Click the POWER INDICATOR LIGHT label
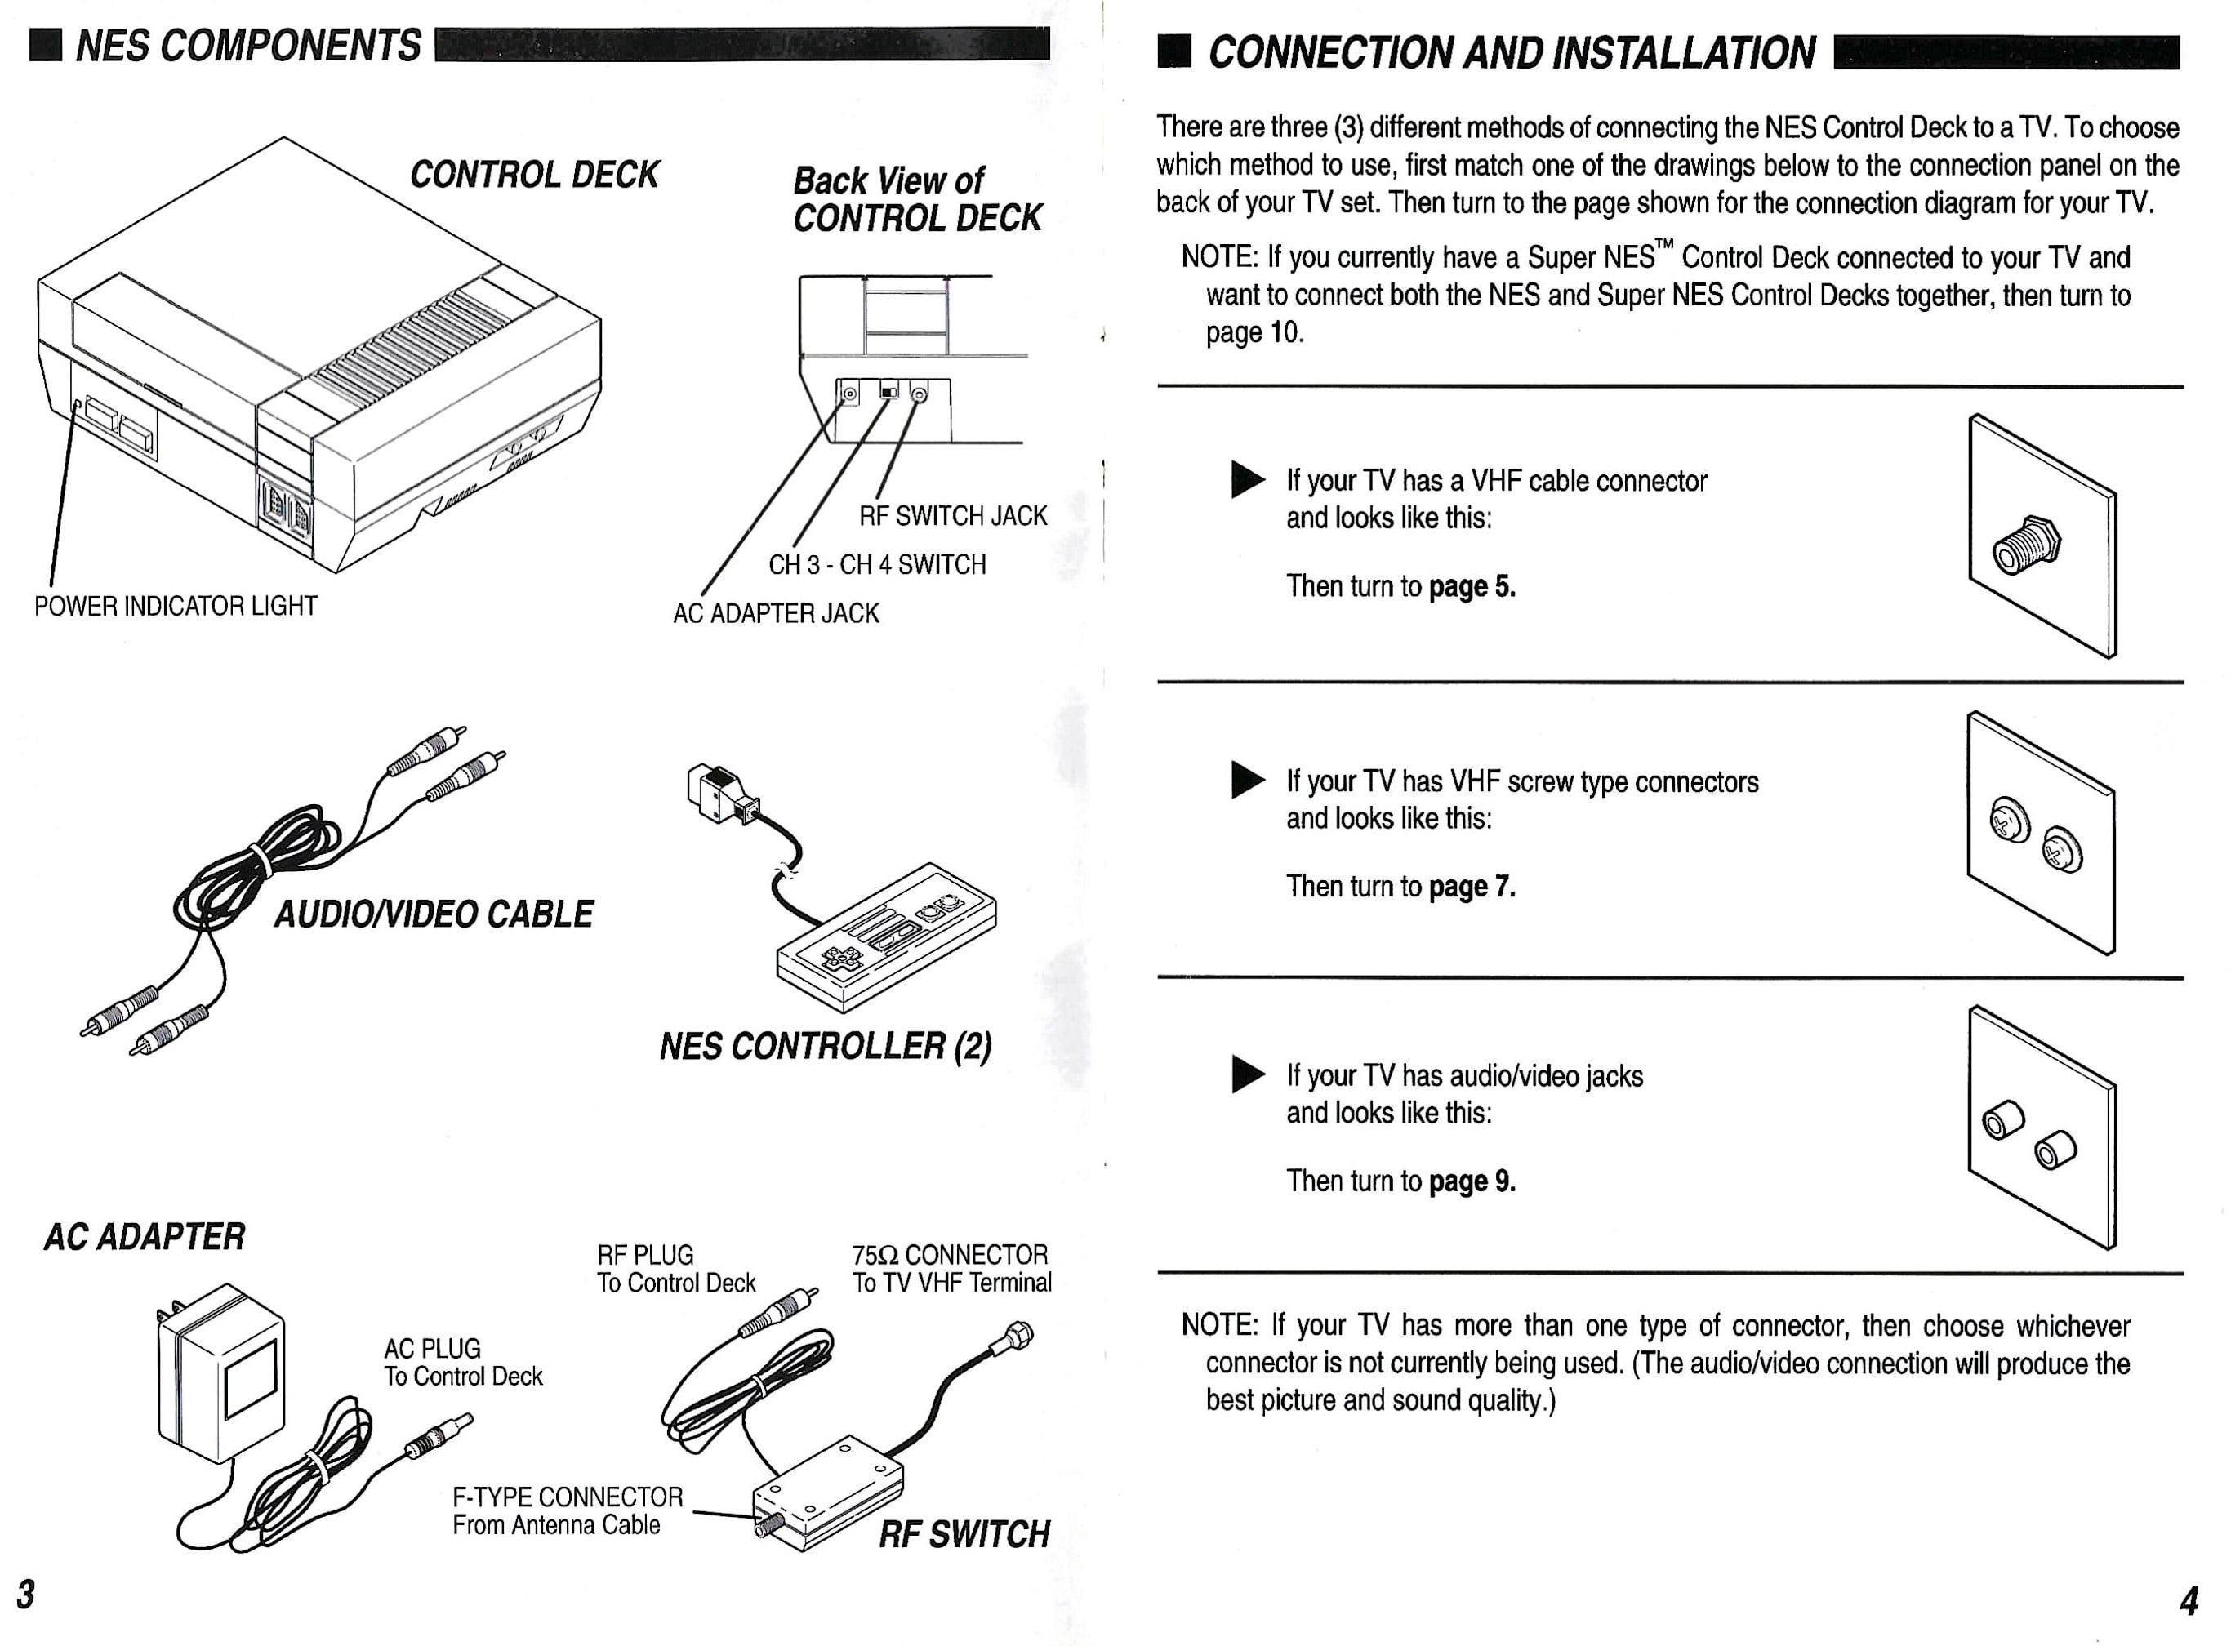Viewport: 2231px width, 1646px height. point(176,606)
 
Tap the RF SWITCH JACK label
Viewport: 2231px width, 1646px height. point(952,516)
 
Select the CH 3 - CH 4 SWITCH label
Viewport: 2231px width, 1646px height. point(877,565)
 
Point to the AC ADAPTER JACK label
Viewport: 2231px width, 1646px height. point(775,614)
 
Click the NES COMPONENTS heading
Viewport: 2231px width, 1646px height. point(248,46)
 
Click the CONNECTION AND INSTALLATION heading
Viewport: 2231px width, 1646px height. point(1511,53)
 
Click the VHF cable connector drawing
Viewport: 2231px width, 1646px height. point(2026,545)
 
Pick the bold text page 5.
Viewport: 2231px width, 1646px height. point(1472,587)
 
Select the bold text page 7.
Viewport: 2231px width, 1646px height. point(1472,887)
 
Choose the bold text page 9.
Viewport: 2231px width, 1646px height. point(1472,1181)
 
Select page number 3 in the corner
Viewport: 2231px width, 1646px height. point(26,1595)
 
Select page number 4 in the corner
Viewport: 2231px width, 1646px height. point(2189,1601)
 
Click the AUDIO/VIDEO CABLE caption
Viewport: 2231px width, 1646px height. point(434,914)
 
